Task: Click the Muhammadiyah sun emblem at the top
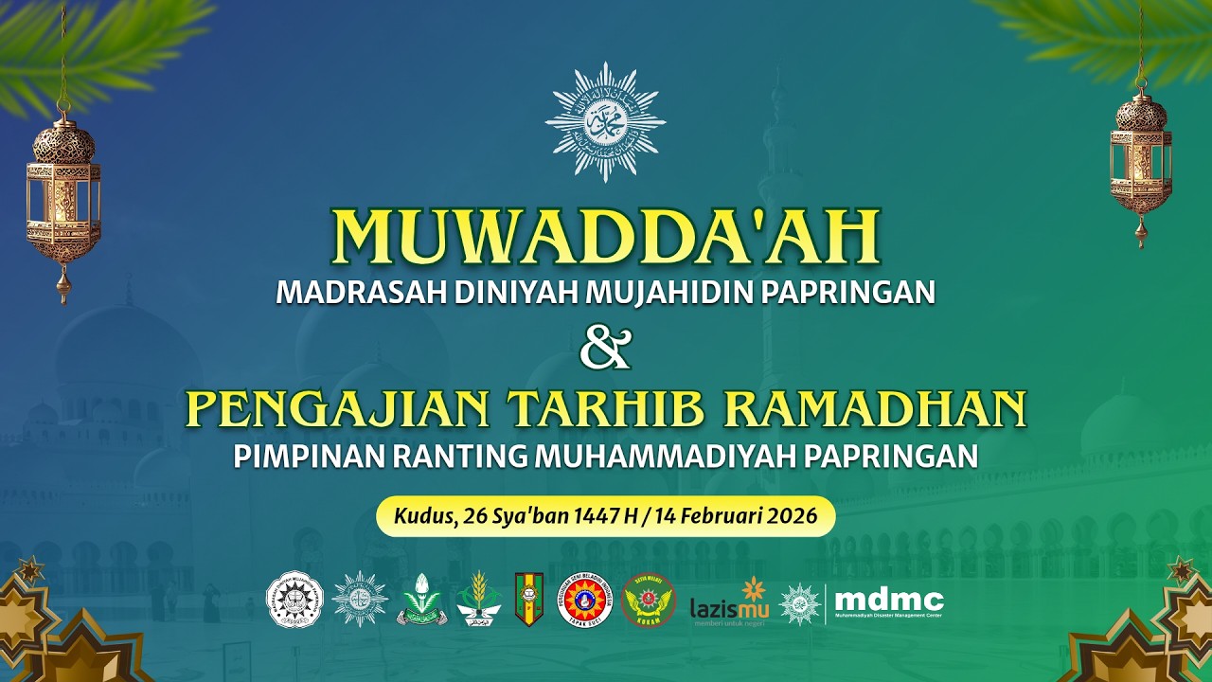[x=605, y=122]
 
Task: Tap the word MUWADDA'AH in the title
[x=605, y=237]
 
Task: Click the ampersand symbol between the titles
[x=605, y=350]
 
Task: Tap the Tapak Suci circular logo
[x=584, y=601]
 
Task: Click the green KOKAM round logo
[x=649, y=601]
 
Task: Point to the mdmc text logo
[x=889, y=601]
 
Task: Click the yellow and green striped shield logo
[x=528, y=600]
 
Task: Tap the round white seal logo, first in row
[x=295, y=600]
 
